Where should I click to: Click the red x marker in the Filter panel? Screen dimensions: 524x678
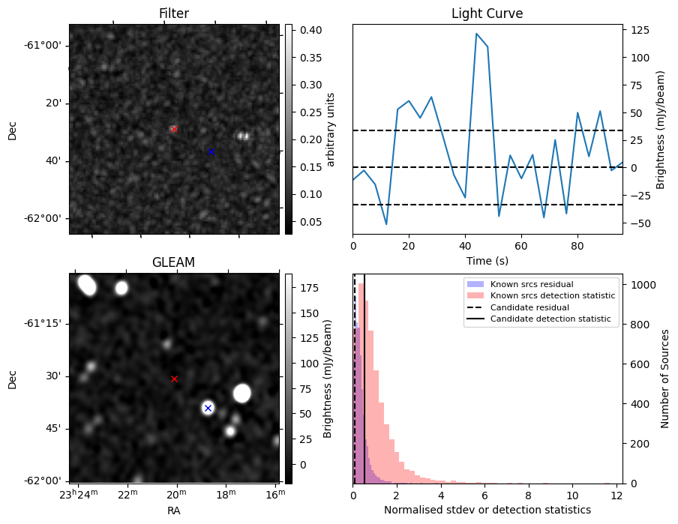(x=174, y=129)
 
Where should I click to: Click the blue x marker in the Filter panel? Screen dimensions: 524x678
(x=211, y=151)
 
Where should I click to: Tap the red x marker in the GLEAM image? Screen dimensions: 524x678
(x=174, y=379)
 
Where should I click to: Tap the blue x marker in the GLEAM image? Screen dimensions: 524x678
(x=208, y=408)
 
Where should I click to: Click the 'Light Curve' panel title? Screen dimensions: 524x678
(x=487, y=13)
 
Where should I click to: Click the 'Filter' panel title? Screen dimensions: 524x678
(x=173, y=13)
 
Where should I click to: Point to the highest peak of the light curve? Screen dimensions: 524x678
(x=476, y=34)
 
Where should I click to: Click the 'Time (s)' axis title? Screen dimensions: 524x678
(x=487, y=259)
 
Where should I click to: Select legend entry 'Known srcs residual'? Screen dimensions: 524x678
(x=531, y=284)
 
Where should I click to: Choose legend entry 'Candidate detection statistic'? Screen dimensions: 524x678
(x=550, y=319)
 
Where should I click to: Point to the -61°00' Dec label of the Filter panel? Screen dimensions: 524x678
(x=43, y=45)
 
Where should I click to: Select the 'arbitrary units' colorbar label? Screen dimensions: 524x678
(x=331, y=129)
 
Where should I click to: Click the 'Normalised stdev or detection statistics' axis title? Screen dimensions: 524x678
(x=487, y=510)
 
